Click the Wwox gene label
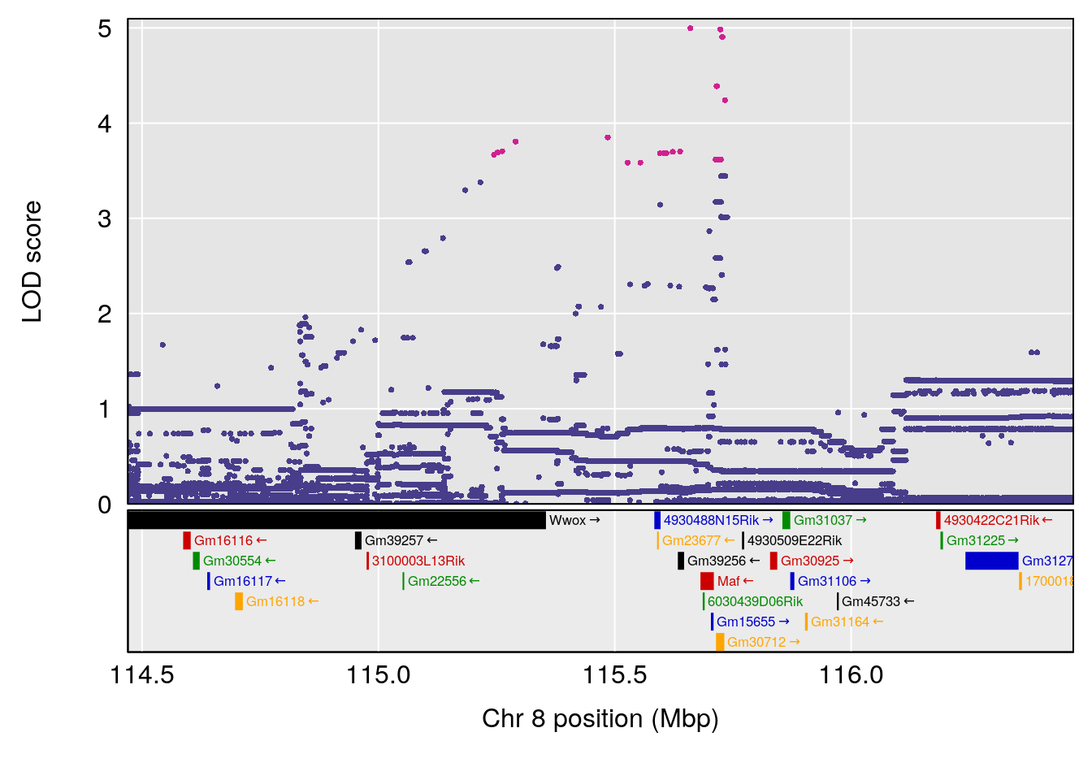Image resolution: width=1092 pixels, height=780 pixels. pos(567,520)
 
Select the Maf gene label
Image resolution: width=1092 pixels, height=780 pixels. pos(728,581)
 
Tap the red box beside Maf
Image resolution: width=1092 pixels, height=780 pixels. pos(707,581)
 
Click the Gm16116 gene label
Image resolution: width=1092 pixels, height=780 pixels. pos(223,540)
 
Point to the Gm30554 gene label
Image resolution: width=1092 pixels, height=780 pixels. pos(232,561)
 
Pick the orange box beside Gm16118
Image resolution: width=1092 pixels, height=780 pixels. pos(239,601)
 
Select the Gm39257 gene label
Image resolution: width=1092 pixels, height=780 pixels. pos(394,540)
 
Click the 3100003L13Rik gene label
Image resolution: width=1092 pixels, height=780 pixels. pos(418,561)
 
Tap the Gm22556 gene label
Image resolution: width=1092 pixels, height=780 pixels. pos(437,581)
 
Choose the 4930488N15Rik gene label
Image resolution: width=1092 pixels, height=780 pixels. pos(711,520)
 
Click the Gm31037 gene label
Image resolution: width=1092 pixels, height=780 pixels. pos(823,520)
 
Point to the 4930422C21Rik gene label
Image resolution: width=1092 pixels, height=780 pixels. pos(991,520)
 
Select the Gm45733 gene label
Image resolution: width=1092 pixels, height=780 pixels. pos(871,601)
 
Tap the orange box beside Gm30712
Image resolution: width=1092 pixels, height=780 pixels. pos(720,642)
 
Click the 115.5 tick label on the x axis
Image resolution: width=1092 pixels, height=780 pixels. pos(615,674)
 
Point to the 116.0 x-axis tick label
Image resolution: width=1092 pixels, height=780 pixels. pos(851,674)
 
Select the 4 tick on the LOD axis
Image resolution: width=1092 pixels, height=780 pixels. pos(104,123)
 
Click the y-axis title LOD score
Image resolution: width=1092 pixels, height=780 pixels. pos(32,262)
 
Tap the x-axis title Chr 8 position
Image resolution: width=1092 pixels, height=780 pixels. pos(600,718)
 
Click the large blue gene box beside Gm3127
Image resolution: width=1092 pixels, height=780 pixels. pos(991,561)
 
